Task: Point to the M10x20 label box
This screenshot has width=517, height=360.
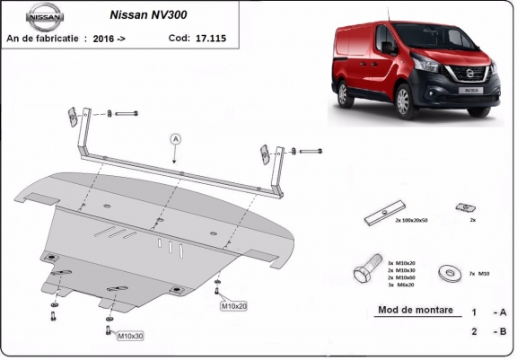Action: tap(233, 306)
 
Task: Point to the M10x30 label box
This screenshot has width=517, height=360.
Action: tap(130, 336)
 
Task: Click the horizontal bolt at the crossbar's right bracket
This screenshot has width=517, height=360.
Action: tap(311, 151)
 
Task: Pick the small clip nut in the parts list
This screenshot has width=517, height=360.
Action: tap(464, 208)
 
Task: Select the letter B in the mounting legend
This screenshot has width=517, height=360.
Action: tap(501, 330)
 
